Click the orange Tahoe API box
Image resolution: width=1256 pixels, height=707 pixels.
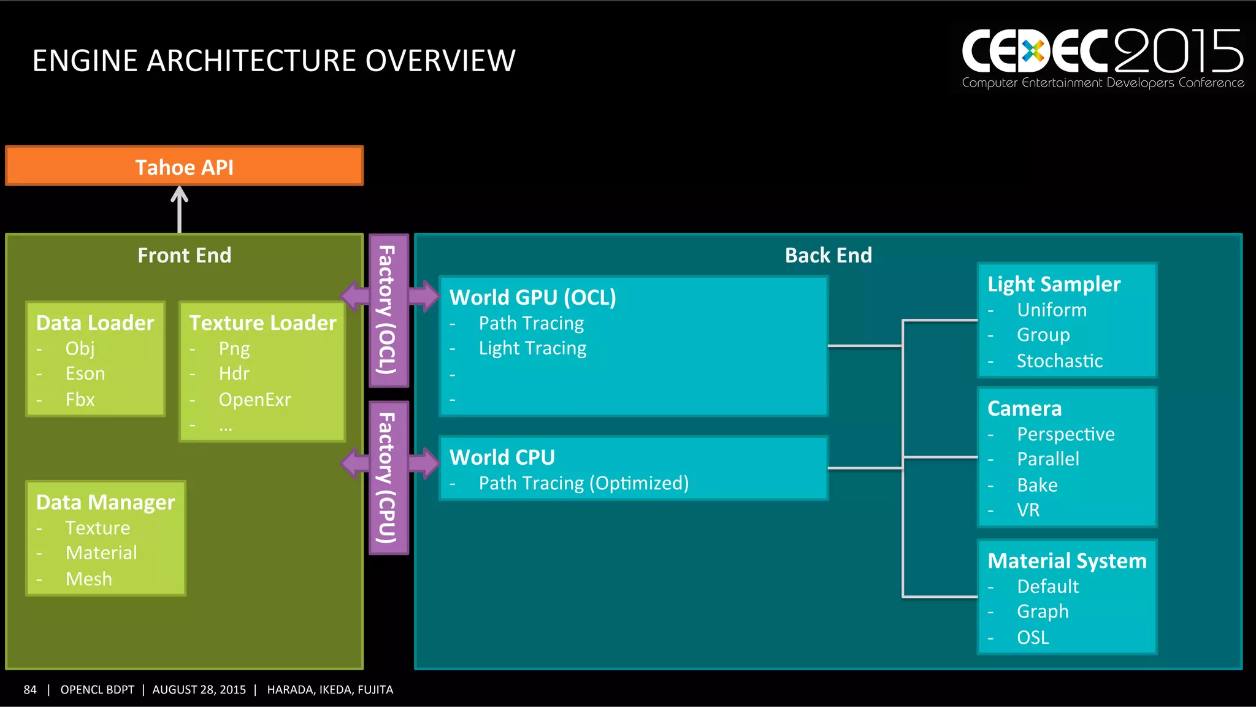pyautogui.click(x=184, y=166)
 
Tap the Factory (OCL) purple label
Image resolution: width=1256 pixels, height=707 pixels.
pyautogui.click(x=388, y=310)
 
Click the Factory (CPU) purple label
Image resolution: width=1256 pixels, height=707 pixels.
pyautogui.click(x=388, y=478)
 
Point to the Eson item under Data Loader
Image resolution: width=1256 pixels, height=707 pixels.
pyautogui.click(x=85, y=373)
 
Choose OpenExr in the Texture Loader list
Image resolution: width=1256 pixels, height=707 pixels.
pyautogui.click(x=255, y=400)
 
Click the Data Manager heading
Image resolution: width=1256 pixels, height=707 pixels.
pyautogui.click(x=105, y=502)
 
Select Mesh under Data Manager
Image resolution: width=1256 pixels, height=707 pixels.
pyautogui.click(x=89, y=579)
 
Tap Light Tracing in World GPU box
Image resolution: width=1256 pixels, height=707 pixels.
pyautogui.click(x=532, y=348)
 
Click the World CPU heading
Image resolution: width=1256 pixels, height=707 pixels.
pyautogui.click(x=502, y=457)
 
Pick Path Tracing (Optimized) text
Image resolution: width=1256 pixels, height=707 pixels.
pyautogui.click(x=583, y=483)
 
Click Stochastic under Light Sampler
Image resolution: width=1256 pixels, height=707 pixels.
pyautogui.click(x=1059, y=361)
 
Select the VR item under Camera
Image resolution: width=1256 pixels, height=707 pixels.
pyautogui.click(x=1028, y=510)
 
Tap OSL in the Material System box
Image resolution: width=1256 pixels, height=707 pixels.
pyautogui.click(x=1033, y=638)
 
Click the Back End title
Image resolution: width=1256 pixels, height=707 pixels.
pyautogui.click(x=828, y=255)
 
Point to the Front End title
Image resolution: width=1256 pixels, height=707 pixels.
pyautogui.click(x=184, y=255)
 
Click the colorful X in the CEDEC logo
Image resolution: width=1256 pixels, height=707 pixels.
pyautogui.click(x=1033, y=52)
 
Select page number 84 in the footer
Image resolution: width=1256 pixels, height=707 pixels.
pyautogui.click(x=30, y=690)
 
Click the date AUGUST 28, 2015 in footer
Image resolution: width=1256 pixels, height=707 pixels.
pyautogui.click(x=199, y=690)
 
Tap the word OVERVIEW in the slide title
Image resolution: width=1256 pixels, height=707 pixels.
pyautogui.click(x=440, y=61)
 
